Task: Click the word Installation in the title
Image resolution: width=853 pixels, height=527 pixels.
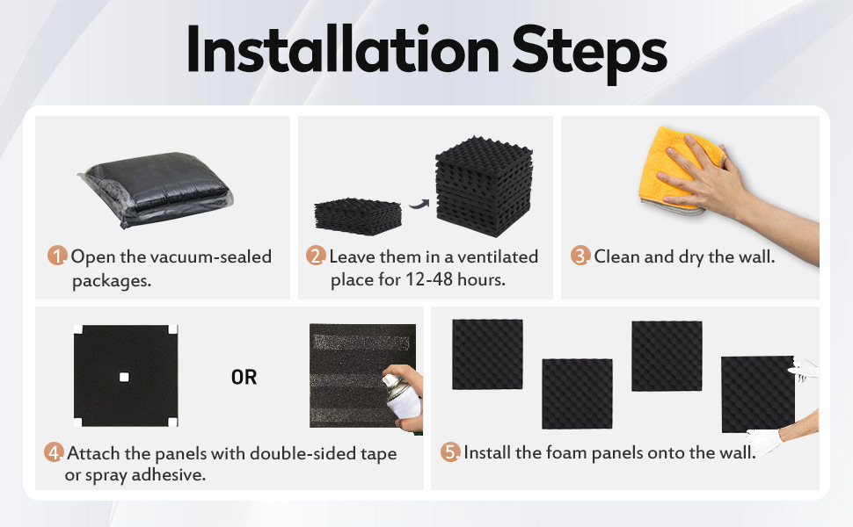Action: pyautogui.click(x=343, y=49)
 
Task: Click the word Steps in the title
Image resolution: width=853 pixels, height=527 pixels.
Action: pyautogui.click(x=590, y=54)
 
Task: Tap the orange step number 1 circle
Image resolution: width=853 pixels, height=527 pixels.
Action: pyautogui.click(x=56, y=256)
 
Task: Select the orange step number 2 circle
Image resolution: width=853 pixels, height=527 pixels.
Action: pyautogui.click(x=315, y=256)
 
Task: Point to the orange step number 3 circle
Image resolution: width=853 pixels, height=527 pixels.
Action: pyautogui.click(x=580, y=256)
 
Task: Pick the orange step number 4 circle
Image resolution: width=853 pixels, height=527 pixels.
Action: pyautogui.click(x=54, y=452)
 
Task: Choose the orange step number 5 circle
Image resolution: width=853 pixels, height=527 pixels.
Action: pyautogui.click(x=450, y=452)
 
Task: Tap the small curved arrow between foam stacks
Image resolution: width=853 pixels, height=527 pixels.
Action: pyautogui.click(x=419, y=204)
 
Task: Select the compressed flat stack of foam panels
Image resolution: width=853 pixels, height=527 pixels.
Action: pyautogui.click(x=358, y=216)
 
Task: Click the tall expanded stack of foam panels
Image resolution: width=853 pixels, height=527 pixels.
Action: pyautogui.click(x=484, y=186)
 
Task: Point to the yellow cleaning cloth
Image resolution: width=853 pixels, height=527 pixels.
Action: pyautogui.click(x=680, y=170)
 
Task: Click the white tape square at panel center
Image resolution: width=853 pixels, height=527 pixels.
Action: pyautogui.click(x=124, y=377)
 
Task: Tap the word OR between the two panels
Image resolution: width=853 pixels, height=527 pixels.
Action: pyautogui.click(x=244, y=377)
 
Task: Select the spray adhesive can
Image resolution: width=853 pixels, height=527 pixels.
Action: pyautogui.click(x=402, y=396)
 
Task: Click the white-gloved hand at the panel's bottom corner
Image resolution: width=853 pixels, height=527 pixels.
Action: pyautogui.click(x=764, y=440)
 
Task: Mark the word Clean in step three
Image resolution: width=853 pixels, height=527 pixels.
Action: pyautogui.click(x=616, y=256)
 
